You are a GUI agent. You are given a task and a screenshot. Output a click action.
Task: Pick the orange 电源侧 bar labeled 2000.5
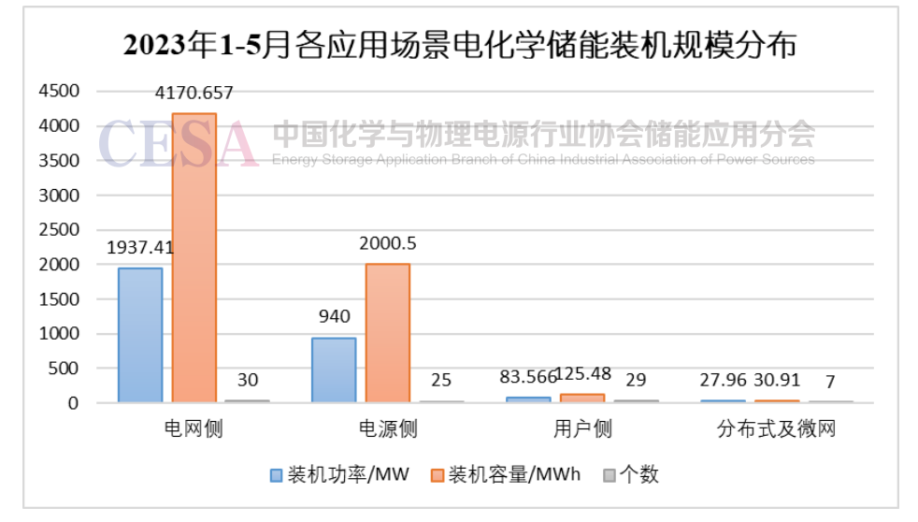(387, 333)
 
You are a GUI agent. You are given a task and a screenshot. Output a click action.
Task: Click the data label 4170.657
(194, 93)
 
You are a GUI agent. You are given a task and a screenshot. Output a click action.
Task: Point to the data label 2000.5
(387, 243)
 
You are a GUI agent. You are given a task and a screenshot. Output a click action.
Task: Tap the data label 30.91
(776, 381)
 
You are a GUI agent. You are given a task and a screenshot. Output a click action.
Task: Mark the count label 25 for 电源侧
(440, 381)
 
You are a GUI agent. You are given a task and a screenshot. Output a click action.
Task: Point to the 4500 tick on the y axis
(59, 91)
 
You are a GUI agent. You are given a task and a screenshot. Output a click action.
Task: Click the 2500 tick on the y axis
(59, 229)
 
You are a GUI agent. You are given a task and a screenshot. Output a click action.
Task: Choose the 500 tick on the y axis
(65, 369)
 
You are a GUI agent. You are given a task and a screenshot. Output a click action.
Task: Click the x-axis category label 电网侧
(194, 429)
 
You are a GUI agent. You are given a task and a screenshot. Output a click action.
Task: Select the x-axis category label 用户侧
(581, 429)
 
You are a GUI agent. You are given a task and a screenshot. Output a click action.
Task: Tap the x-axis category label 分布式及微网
(776, 429)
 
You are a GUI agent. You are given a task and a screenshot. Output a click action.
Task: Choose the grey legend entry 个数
(638, 475)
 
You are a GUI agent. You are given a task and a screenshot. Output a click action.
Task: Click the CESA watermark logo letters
(178, 144)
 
